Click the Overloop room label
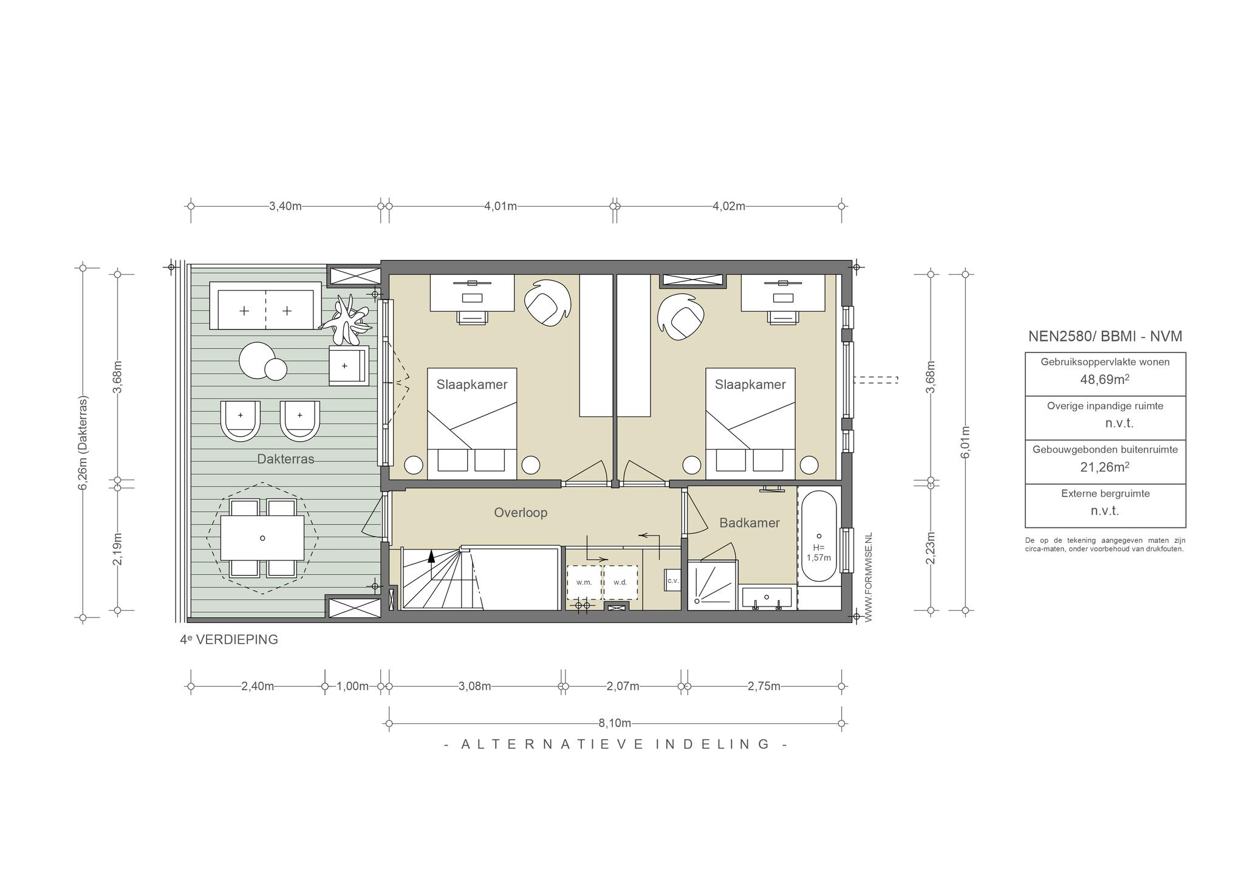click(x=521, y=512)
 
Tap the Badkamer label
click(x=750, y=523)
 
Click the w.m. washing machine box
click(x=584, y=582)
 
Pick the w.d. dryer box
click(x=620, y=582)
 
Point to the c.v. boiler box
click(x=672, y=580)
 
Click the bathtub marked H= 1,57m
click(x=819, y=536)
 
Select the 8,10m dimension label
click(x=615, y=723)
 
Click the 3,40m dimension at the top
click(x=285, y=206)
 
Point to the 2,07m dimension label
click(x=623, y=687)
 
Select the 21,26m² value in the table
click(x=1105, y=467)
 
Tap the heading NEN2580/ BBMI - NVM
click(x=1105, y=336)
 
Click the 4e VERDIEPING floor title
click(x=229, y=639)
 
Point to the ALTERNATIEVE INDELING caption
click(x=616, y=744)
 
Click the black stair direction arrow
click(x=431, y=555)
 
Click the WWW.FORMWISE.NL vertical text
click(x=868, y=577)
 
